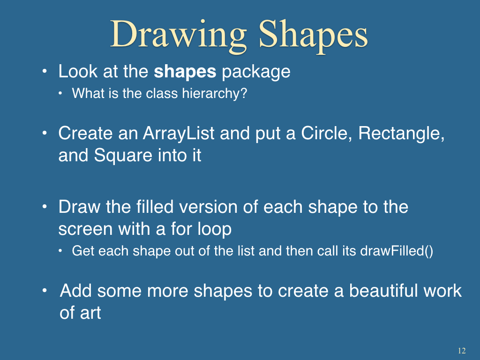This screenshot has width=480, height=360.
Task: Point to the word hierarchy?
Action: coord(215,94)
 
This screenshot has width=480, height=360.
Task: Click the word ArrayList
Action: coord(179,134)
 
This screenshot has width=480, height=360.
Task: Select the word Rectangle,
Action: coord(401,134)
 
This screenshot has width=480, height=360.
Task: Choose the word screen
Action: coord(85,229)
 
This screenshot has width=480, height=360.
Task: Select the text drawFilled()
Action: coord(397,251)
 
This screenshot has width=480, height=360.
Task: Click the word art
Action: coord(90,313)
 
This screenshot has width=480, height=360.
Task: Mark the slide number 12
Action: coord(462,351)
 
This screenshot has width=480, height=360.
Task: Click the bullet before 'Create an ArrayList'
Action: coord(45,134)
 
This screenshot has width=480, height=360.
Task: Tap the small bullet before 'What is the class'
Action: coord(60,93)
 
